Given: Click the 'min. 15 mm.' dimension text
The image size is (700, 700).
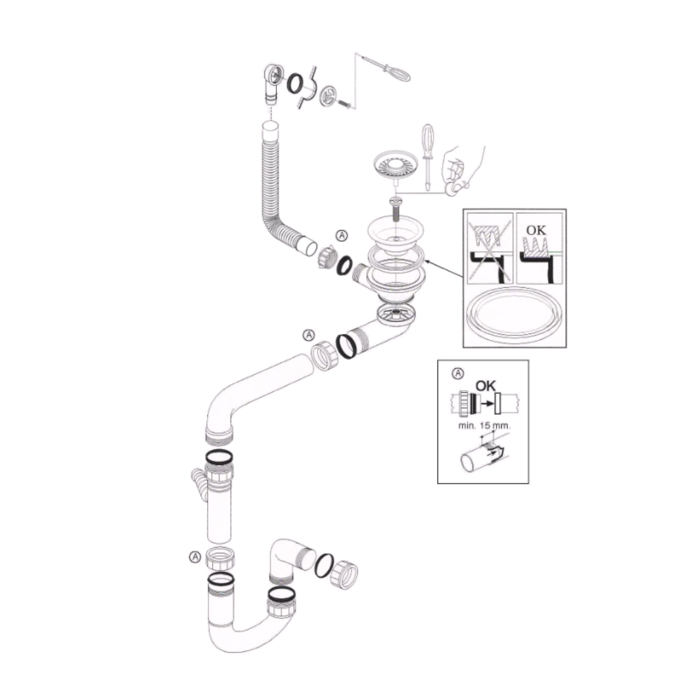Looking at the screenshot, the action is [x=484, y=425].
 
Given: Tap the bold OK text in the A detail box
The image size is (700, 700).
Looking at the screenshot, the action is [x=485, y=386].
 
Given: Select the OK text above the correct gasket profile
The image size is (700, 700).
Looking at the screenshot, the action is [x=536, y=230].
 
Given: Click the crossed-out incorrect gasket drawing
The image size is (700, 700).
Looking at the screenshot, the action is [x=490, y=248].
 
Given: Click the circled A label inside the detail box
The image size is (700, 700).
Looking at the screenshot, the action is [x=459, y=373].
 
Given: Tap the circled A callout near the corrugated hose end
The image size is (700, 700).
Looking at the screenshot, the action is [x=342, y=235].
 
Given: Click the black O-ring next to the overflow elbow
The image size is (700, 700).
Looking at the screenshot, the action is [x=295, y=83].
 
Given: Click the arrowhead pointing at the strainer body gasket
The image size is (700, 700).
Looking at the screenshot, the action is [x=428, y=260].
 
